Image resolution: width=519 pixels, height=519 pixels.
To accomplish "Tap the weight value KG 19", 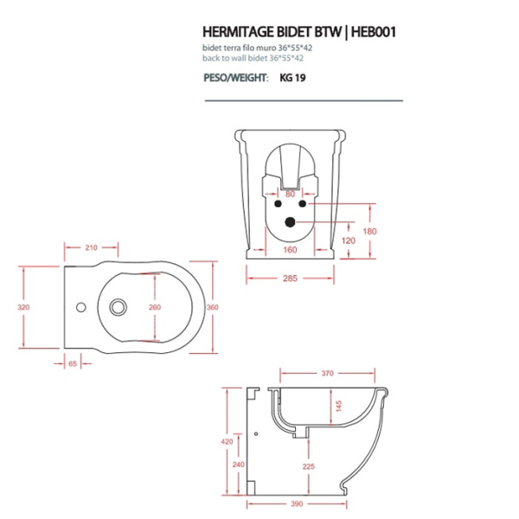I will pyautogui.click(x=292, y=77).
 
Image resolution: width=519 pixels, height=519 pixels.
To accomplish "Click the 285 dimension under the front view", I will pyautogui.click(x=290, y=278).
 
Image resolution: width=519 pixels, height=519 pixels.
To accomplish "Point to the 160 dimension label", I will pyautogui.click(x=290, y=251).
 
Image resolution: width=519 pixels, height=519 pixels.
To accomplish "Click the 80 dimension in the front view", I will pyautogui.click(x=290, y=195).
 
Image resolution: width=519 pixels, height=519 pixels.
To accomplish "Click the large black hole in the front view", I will pyautogui.click(x=290, y=222).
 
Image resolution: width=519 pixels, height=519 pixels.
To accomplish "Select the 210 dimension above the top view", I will pyautogui.click(x=91, y=247).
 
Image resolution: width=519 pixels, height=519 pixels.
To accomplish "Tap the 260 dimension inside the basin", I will pyautogui.click(x=155, y=307).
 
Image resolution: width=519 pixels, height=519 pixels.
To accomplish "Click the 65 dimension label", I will pyautogui.click(x=73, y=364).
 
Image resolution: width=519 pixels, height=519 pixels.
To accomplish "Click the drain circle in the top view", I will pyautogui.click(x=119, y=306).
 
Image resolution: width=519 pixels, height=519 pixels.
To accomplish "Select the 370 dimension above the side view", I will pyautogui.click(x=328, y=374).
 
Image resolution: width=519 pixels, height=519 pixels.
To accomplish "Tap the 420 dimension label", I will pyautogui.click(x=227, y=441).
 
